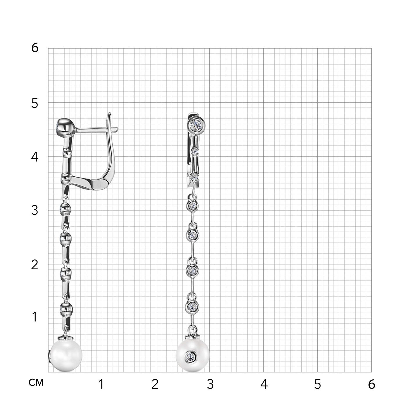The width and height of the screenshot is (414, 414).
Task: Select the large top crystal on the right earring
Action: (x=197, y=124)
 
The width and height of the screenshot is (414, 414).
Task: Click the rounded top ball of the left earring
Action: (x=66, y=128)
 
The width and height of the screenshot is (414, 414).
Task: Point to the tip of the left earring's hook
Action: (x=110, y=113)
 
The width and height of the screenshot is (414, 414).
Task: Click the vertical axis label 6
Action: (x=35, y=48)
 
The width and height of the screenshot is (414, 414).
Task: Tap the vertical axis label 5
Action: (x=35, y=103)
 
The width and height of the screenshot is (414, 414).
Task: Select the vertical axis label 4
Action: (x=35, y=157)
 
